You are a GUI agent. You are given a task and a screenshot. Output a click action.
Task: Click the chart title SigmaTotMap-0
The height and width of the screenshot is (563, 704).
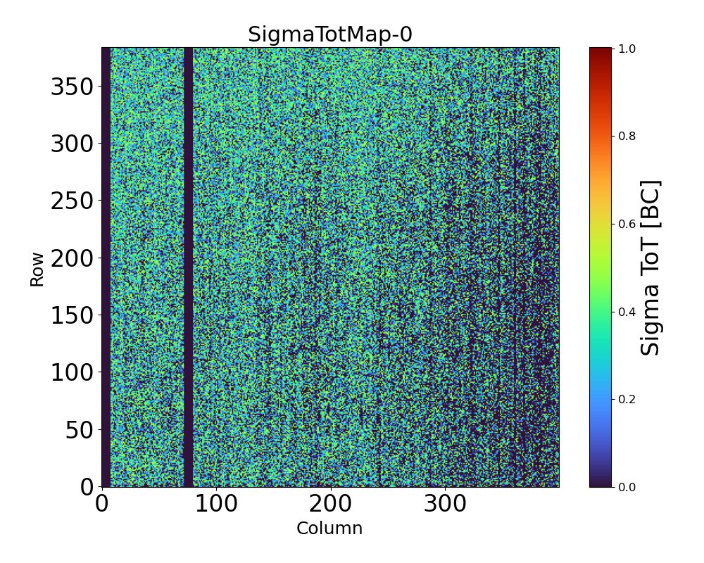coord(329,34)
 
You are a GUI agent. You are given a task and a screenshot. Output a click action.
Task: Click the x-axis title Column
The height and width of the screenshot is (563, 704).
coord(329,529)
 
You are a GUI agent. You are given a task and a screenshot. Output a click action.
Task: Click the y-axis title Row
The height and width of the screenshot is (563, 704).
coord(37,270)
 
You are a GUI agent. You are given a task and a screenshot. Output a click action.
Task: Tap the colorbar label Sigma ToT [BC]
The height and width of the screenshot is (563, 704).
coord(651,267)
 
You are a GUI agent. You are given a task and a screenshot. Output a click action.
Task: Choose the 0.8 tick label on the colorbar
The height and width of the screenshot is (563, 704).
coord(627,136)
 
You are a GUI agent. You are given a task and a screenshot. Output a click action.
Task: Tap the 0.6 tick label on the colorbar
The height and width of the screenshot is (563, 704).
coord(627,224)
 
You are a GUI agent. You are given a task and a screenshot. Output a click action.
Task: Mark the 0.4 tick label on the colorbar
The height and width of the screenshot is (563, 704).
coord(627,311)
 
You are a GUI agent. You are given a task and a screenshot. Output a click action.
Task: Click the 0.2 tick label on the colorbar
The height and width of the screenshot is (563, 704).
coord(627,399)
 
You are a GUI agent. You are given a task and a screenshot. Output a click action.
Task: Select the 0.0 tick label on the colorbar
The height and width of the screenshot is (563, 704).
coord(627,486)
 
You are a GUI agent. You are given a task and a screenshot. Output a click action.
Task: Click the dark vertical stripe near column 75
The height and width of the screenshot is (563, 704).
coord(188,267)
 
